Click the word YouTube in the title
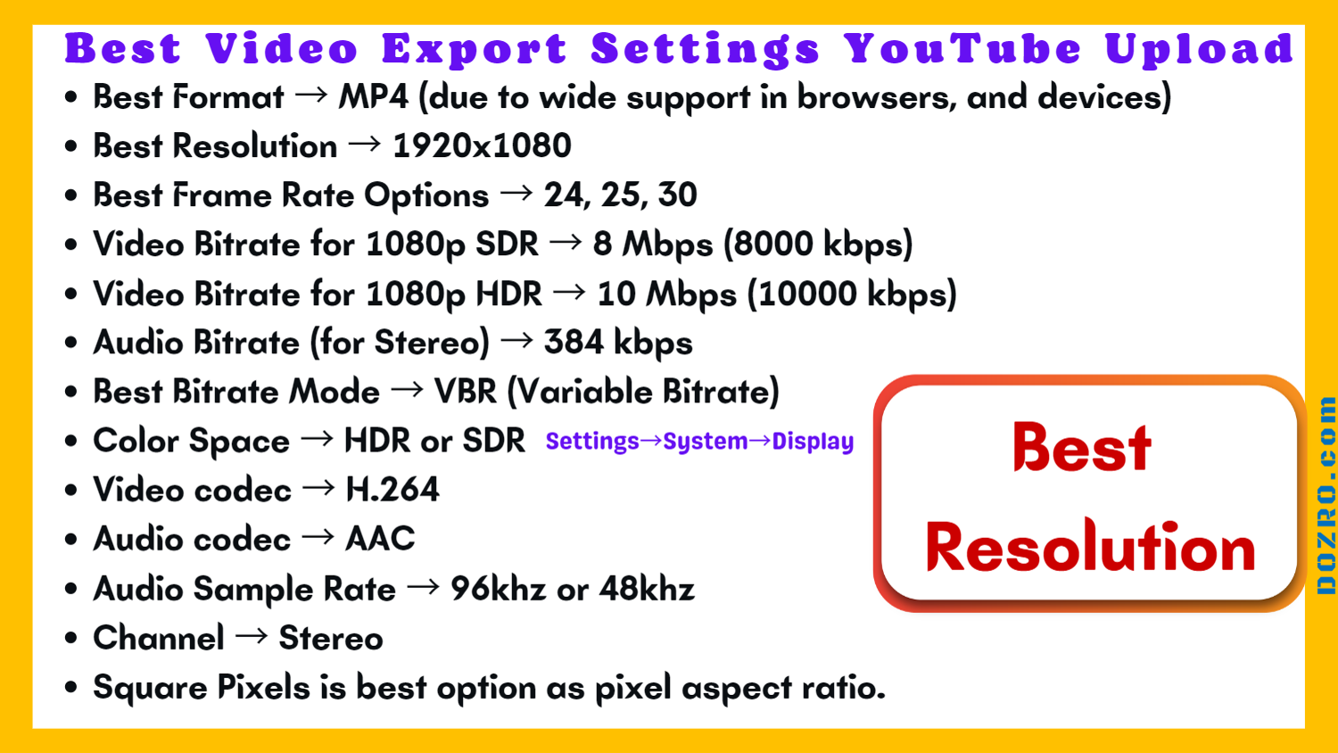click(963, 49)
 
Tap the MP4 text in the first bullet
click(373, 97)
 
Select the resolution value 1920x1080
click(482, 146)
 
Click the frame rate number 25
click(620, 195)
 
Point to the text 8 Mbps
click(652, 244)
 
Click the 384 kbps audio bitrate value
click(617, 343)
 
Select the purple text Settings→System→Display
click(699, 442)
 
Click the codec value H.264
click(392, 490)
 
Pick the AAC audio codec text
click(380, 539)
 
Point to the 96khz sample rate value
click(498, 589)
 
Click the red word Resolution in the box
click(1090, 547)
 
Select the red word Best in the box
click(1082, 447)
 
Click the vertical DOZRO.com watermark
click(1326, 495)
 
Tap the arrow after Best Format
click(310, 95)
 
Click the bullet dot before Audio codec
click(71, 540)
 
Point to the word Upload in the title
click(1199, 49)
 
